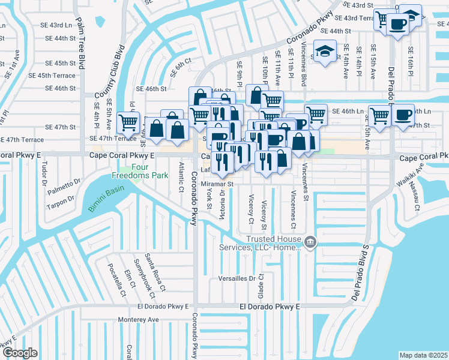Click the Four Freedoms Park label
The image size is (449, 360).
(139, 172)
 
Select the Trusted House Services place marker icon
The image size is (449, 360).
(310, 242)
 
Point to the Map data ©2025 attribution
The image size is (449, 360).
(423, 355)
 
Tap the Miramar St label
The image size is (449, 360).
(216, 183)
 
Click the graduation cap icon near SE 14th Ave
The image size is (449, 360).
(325, 51)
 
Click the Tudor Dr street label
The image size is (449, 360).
(43, 173)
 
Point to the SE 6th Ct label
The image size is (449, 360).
(181, 66)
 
